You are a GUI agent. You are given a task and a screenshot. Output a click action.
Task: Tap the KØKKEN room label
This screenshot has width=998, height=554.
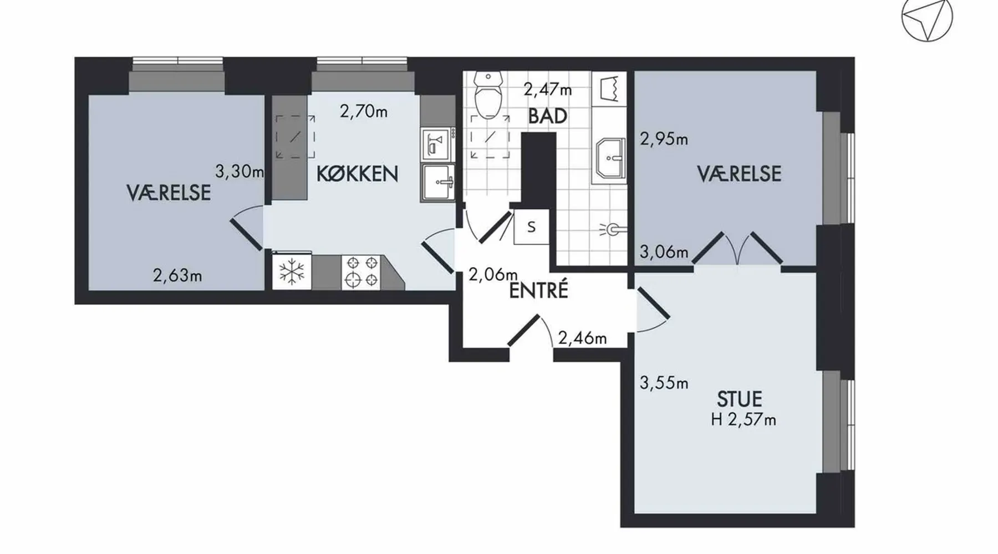357,174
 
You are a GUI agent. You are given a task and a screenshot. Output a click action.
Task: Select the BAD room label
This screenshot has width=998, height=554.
548,116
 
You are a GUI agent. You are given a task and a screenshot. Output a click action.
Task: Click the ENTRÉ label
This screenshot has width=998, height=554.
538,290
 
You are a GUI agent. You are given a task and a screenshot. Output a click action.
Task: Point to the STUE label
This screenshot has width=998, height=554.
740,399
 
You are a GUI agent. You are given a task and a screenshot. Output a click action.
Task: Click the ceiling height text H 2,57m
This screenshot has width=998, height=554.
744,420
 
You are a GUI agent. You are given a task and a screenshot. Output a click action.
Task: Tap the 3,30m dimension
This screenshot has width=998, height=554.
239,172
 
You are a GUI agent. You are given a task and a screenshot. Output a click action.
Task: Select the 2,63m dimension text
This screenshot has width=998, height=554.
177,275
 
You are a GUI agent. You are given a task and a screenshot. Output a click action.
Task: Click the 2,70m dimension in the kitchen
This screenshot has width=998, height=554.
364,112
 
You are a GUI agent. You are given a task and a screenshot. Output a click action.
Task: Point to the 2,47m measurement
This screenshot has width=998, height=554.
548,89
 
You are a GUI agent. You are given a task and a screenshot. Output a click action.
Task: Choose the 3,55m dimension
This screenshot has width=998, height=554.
664,383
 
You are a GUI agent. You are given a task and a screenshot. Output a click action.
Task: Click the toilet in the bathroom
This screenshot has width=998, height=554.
488,94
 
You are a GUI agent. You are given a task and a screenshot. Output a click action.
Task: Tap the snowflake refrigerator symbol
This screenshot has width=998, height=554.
292,271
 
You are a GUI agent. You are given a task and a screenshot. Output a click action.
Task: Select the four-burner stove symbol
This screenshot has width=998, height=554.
361,271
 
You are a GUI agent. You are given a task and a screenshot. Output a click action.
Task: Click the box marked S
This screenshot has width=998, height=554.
531,227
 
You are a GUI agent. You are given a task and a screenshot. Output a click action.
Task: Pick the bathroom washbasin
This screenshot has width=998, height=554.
610,158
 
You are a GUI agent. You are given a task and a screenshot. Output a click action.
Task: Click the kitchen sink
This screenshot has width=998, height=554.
438,182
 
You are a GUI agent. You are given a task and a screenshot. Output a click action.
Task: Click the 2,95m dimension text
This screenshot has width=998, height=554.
664,138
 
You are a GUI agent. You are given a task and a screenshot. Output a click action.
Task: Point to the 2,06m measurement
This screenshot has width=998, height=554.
493,274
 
